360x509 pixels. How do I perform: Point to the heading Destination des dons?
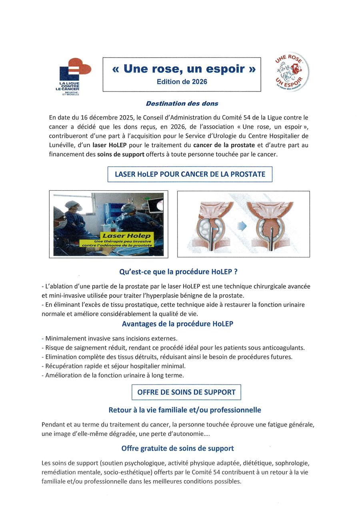pyautogui.click(x=182, y=104)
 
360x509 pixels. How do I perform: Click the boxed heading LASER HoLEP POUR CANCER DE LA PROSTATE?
pyautogui.click(x=190, y=174)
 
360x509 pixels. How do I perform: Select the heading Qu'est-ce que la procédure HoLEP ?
pyautogui.click(x=178, y=272)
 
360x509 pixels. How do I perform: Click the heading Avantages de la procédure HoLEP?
pyautogui.click(x=178, y=324)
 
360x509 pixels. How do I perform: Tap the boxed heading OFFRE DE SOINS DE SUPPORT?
pyautogui.click(x=186, y=392)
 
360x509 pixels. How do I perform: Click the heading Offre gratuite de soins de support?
pyautogui.click(x=178, y=449)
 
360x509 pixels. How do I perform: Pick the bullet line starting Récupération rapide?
pyautogui.click(x=114, y=366)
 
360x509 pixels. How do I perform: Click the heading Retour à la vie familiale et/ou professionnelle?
pyautogui.click(x=184, y=410)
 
